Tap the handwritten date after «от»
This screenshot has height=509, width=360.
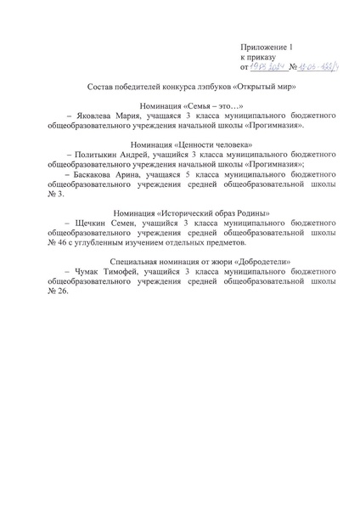click(x=268, y=65)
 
